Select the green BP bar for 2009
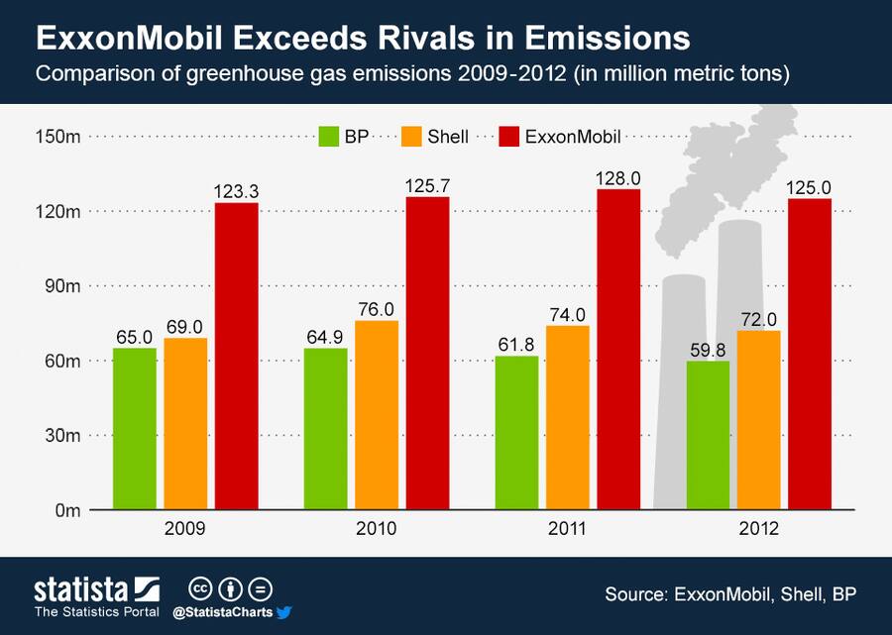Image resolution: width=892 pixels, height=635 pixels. point(134,428)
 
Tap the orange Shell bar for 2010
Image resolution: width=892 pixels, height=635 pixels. point(376,415)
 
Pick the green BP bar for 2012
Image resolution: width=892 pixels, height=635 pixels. point(708,435)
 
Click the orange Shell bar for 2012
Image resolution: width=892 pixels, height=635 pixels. point(758,420)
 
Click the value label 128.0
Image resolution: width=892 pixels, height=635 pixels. point(618,177)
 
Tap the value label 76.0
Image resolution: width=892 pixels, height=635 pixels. point(376,309)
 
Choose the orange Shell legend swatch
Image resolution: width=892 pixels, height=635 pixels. point(413,137)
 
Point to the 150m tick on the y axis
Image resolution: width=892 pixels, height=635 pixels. point(57,137)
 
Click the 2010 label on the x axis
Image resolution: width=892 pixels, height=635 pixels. point(376,529)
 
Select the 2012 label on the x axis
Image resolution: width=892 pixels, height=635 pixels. point(758,529)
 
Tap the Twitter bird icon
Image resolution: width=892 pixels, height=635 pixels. point(282,612)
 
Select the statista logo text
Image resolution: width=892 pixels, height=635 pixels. point(81,590)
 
